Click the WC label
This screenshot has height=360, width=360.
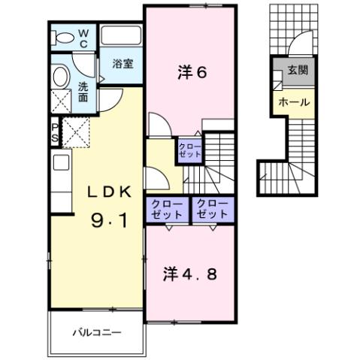83,38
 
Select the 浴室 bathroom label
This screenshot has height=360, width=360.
123,64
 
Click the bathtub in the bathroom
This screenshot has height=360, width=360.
121,37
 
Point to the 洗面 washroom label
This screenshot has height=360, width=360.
83,91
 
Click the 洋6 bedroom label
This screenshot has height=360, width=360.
192,72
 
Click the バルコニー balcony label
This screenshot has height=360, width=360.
96,331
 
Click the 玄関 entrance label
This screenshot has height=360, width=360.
295,72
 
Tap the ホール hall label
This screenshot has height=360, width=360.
294,101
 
